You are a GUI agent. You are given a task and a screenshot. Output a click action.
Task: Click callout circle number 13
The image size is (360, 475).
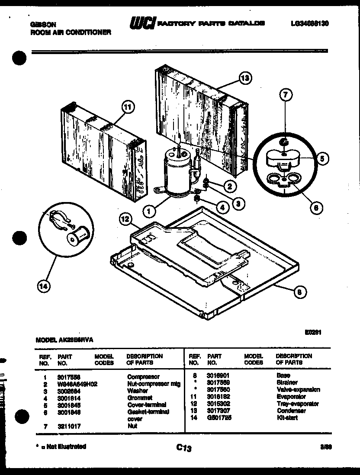coord(245,79)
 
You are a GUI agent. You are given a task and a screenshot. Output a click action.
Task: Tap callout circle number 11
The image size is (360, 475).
coord(129,107)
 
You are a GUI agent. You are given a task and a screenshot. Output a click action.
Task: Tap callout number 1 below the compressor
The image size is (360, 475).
coord(149,212)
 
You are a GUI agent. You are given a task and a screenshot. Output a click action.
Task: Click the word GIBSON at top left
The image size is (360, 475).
coord(43,25)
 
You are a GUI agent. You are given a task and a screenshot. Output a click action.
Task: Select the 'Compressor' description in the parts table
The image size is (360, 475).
coord(143,377)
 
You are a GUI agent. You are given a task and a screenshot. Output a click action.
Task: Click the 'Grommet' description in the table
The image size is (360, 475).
coord(140,397)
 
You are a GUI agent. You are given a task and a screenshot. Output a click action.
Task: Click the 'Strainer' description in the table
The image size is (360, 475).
coord(286,383)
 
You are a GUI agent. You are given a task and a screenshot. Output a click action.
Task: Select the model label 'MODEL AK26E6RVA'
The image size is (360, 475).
coord(64,340)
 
